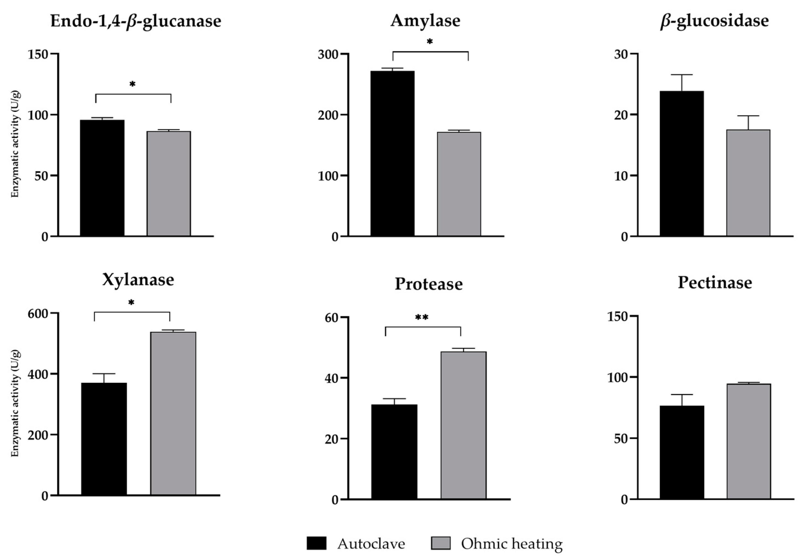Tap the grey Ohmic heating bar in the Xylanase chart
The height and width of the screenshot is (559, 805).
tap(173, 413)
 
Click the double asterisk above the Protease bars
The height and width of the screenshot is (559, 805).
tap(421, 318)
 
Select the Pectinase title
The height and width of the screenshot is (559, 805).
tap(715, 282)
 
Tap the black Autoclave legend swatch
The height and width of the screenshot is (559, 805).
tap(316, 543)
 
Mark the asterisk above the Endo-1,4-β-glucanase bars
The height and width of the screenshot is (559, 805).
tap(132, 84)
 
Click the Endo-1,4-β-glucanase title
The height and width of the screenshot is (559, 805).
tap(136, 21)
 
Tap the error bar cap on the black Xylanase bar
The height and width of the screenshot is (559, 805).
tap(104, 374)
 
